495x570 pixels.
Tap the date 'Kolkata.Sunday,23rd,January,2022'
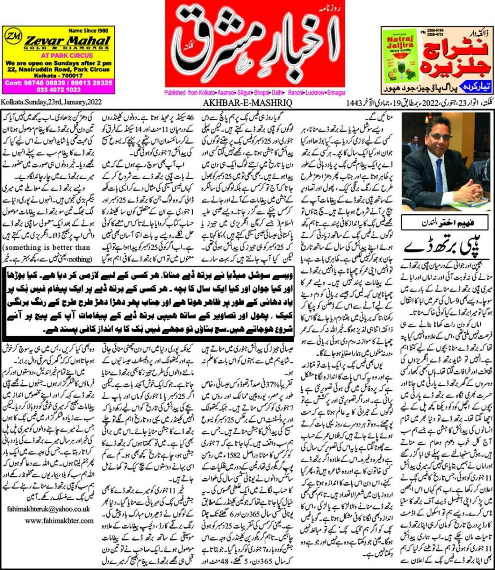pos(51,102)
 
